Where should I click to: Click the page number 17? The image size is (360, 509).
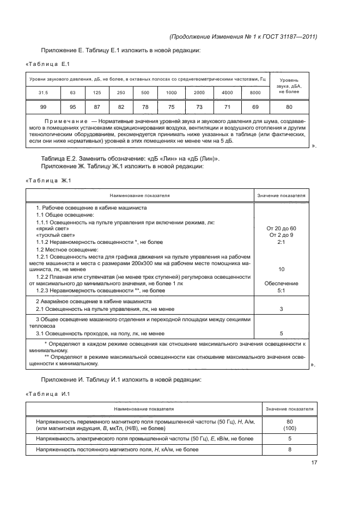click(314, 463)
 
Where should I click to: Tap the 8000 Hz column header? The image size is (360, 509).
click(255, 93)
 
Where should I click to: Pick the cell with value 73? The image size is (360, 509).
click(199, 107)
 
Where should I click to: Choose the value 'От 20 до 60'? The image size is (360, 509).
click(282, 228)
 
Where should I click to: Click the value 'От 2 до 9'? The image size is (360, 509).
click(282, 235)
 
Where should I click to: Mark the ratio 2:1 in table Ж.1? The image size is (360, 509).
click(282, 242)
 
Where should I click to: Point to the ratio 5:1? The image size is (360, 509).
click(282, 291)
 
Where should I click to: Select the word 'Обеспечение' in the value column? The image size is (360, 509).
click(282, 284)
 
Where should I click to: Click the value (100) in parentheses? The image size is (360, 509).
click(289, 428)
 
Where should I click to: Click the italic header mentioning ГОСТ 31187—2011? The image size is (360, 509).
click(243, 37)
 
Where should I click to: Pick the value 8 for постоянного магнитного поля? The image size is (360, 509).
click(289, 450)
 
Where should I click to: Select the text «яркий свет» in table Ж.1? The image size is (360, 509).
click(48, 228)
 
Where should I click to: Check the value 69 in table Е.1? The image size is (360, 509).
click(255, 107)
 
